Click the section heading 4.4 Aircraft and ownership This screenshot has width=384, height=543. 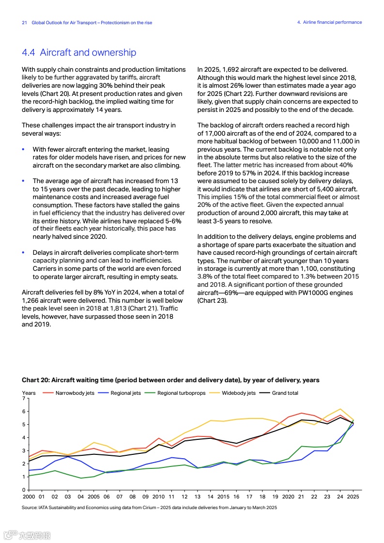click(79, 52)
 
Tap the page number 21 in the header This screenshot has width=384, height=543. click(24, 22)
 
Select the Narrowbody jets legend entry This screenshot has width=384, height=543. click(75, 393)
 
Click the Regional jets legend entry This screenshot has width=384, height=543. click(125, 393)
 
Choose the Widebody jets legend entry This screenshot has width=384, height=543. click(238, 393)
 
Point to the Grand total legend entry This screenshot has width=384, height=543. click(285, 393)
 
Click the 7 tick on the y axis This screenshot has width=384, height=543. click(23, 398)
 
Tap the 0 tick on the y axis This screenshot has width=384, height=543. click(23, 490)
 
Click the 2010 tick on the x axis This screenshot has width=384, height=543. click(158, 497)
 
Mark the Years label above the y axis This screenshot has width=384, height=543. click(29, 393)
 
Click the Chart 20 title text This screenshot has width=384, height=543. click(170, 380)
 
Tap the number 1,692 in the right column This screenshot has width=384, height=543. click(228, 70)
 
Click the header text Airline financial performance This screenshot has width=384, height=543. click(332, 22)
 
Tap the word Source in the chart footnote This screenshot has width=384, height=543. click(30, 507)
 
